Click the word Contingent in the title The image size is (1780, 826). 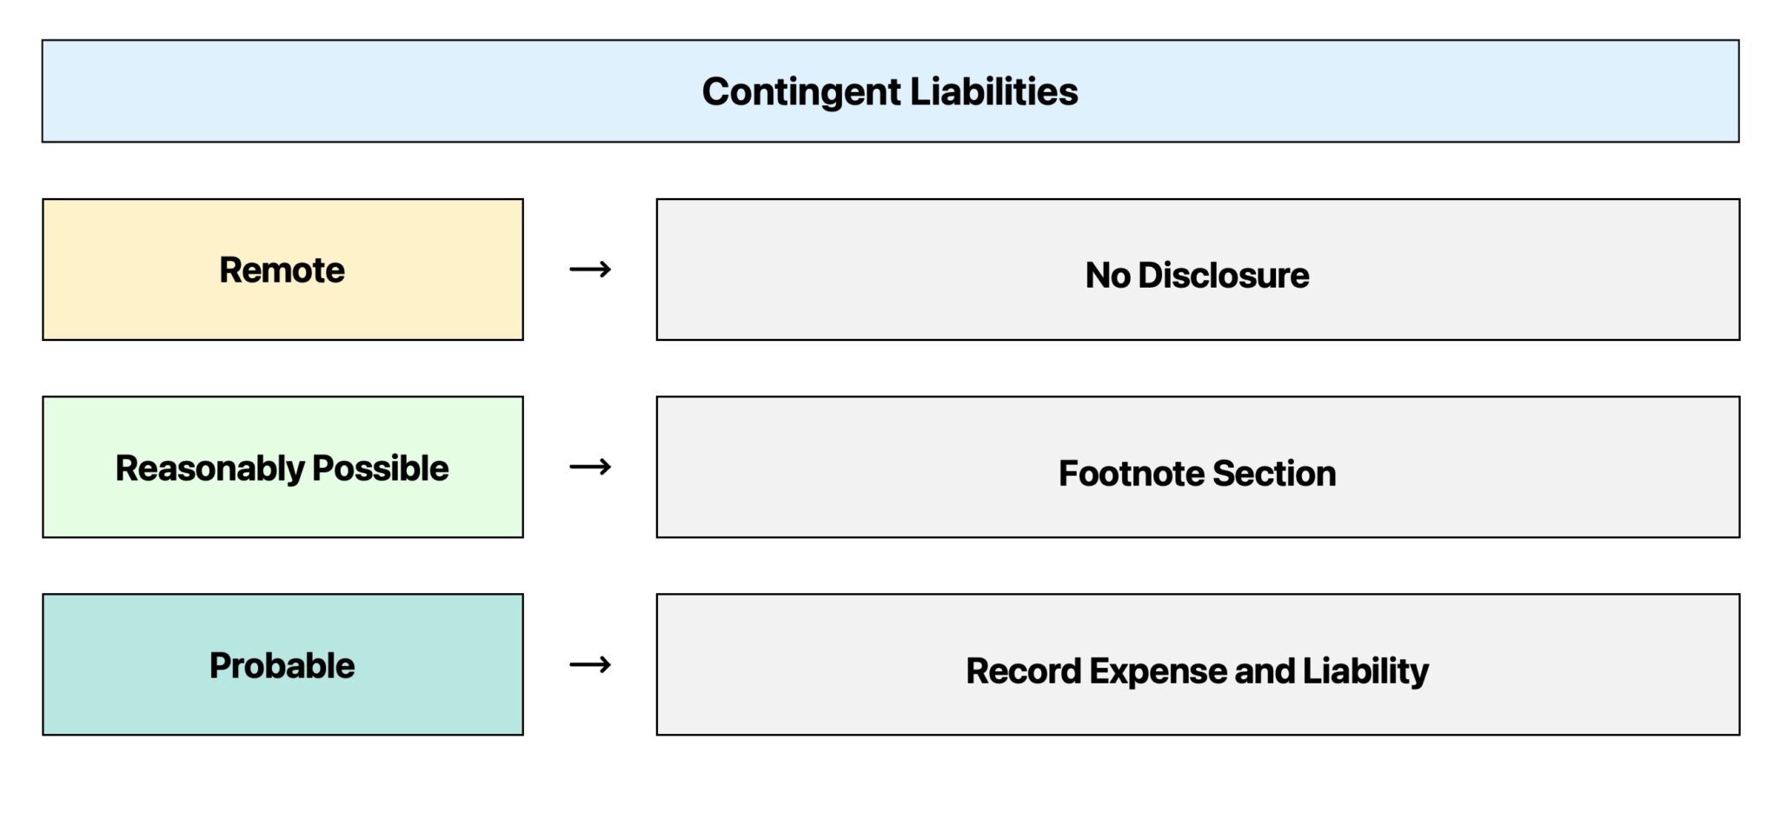[x=801, y=92]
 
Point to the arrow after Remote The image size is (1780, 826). [x=590, y=270]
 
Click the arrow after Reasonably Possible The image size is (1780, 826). [x=590, y=467]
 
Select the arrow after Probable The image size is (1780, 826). [x=590, y=665]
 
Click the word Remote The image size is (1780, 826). [x=282, y=270]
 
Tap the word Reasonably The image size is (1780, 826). [x=209, y=469]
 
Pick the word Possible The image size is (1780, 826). [x=380, y=468]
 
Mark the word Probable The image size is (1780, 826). [x=282, y=666]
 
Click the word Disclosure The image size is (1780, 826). [x=1223, y=276]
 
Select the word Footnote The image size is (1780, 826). [x=1131, y=474]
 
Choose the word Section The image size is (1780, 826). [x=1274, y=474]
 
